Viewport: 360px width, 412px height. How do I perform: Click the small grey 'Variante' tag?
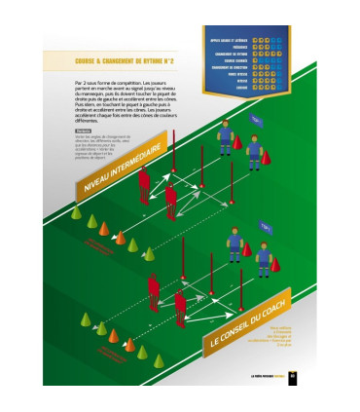pyautogui.click(x=82, y=130)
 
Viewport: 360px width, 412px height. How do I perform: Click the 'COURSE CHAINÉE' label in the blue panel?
pyautogui.click(x=234, y=56)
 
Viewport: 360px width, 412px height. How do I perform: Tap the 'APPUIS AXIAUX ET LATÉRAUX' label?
pyautogui.click(x=229, y=32)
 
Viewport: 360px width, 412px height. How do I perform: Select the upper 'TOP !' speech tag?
pyautogui.click(x=255, y=119)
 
